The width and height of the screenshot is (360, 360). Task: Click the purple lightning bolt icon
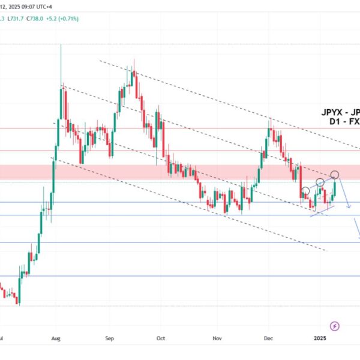tap(335, 326)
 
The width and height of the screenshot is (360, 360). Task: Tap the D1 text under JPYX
tap(336, 121)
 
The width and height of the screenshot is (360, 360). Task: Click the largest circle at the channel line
tap(335, 175)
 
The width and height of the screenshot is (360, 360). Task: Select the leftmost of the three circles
tap(305, 191)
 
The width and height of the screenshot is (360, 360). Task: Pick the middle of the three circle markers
tap(320, 182)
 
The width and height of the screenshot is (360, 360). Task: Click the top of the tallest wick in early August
tap(61, 45)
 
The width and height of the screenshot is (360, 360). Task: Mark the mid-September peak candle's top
tap(134, 60)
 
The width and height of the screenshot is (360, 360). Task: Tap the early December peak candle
tap(271, 119)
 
